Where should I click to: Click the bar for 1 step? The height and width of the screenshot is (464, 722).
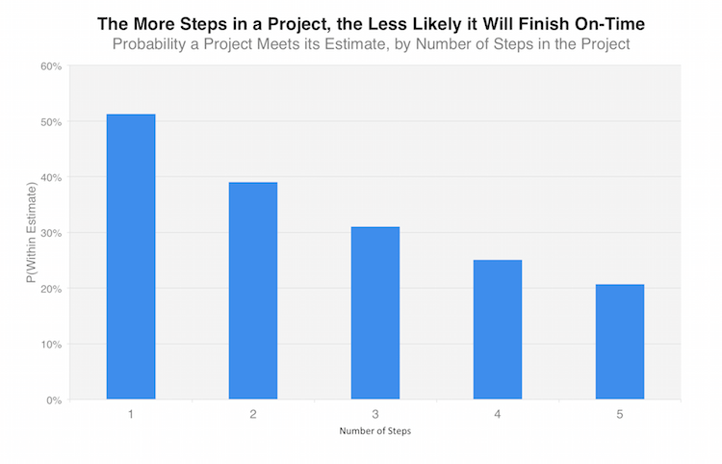tap(131, 256)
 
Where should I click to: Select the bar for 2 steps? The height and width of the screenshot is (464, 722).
tap(253, 291)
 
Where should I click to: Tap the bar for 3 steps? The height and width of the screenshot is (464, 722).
tap(375, 313)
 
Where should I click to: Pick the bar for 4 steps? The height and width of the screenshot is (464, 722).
tap(498, 329)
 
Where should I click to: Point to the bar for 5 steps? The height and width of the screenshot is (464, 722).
tap(620, 342)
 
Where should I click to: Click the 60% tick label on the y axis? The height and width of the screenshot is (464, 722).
tap(50, 66)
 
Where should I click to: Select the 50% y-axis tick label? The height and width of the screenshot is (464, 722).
tap(50, 122)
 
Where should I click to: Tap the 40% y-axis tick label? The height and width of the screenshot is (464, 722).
tap(50, 177)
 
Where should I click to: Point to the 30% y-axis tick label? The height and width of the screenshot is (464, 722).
tap(50, 233)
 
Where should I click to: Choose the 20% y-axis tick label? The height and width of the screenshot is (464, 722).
tap(50, 289)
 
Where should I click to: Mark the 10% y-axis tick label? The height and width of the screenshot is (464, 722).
tap(50, 344)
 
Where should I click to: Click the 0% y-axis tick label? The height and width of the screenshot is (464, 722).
tap(53, 400)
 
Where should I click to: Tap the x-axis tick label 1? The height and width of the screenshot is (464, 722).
tap(131, 414)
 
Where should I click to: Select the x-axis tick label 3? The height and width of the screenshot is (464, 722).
tap(375, 414)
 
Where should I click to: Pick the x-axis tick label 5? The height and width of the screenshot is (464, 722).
tap(620, 414)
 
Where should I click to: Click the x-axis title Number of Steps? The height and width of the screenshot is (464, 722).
tap(375, 431)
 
